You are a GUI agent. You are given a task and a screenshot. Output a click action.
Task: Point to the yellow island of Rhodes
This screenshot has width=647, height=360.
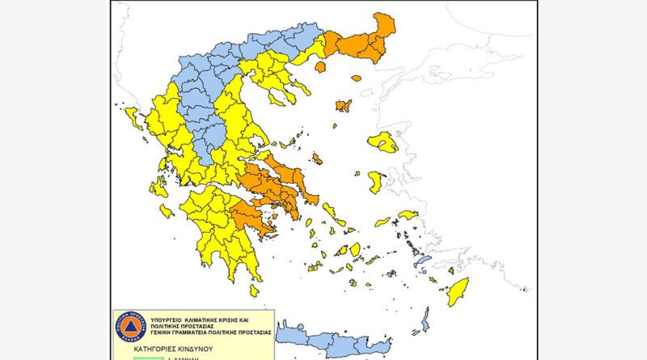click(459, 290)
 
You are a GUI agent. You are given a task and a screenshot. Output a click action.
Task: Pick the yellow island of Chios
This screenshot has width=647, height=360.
click(375, 182)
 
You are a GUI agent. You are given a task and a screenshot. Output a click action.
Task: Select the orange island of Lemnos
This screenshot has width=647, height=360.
click(343, 106)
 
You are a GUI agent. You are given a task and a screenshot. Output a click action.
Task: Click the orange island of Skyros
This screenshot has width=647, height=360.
click(317, 159)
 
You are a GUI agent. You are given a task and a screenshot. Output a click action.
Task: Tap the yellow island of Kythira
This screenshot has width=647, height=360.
click(254, 290)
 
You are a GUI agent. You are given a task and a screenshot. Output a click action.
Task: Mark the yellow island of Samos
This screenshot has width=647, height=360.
click(408, 215)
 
